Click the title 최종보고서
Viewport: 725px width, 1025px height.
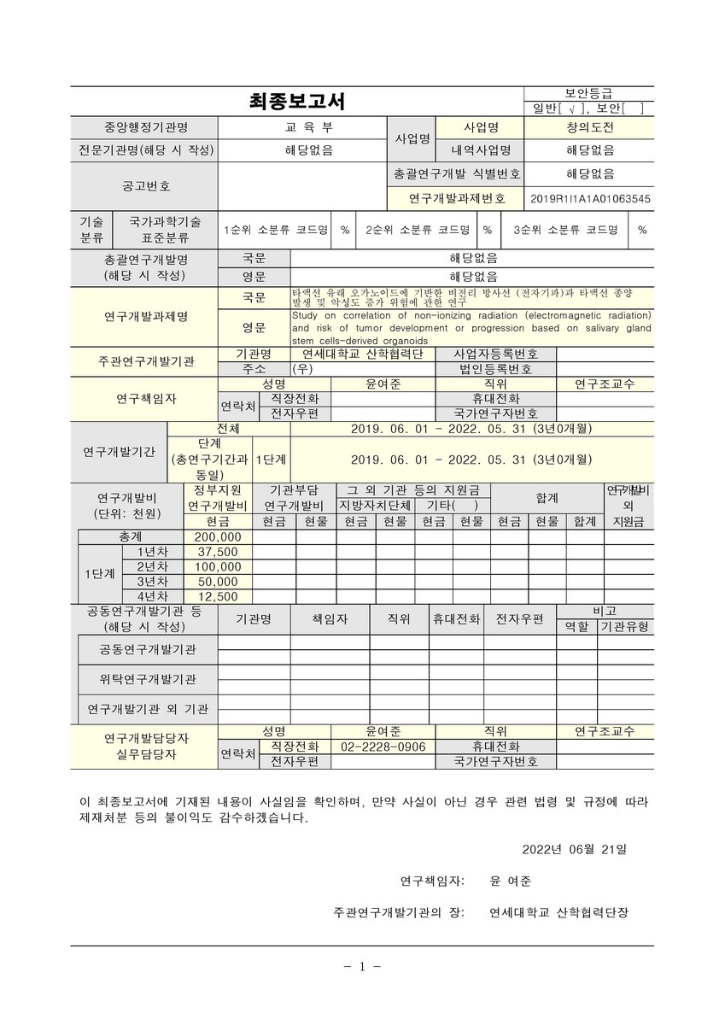[x=296, y=102]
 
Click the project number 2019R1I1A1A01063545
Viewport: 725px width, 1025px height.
[x=590, y=198]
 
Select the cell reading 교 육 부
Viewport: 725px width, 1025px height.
[x=302, y=127]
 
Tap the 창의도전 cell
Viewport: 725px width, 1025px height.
[x=590, y=127]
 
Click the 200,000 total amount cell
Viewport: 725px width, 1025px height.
[x=218, y=537]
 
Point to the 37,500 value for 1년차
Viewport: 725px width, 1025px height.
[x=218, y=552]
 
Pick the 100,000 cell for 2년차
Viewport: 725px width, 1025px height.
[x=218, y=566]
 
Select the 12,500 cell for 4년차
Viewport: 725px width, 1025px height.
[x=218, y=596]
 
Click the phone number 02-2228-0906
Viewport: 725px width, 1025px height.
[x=383, y=747]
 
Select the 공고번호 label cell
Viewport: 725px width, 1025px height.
[x=146, y=184]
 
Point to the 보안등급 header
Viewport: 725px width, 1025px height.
[x=588, y=93]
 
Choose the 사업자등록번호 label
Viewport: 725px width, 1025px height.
[x=495, y=354]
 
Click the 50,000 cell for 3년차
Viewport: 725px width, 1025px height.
[x=218, y=582]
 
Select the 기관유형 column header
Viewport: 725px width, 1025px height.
[x=625, y=626]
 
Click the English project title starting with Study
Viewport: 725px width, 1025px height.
[x=471, y=328]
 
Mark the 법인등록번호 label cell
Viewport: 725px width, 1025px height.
[x=495, y=369]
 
